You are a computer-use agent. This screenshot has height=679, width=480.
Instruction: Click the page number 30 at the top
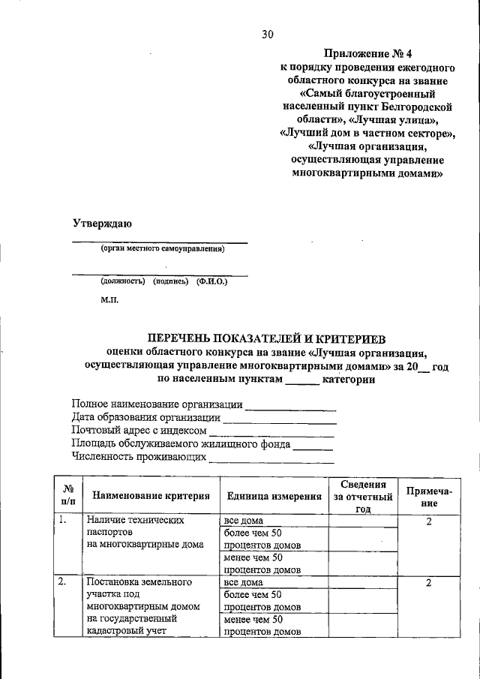click(268, 34)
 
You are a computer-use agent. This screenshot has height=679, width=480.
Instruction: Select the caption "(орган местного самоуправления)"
click(162, 249)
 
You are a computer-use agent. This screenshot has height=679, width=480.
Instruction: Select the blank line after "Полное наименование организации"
click(291, 409)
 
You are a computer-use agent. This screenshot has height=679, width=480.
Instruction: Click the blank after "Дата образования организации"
click(280, 422)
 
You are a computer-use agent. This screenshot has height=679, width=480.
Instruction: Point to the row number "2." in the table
click(65, 581)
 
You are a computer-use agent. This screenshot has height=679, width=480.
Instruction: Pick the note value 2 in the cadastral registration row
click(427, 582)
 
